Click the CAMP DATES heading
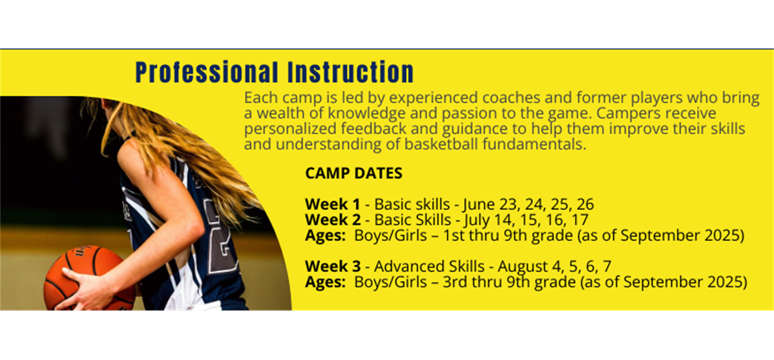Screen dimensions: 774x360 353,174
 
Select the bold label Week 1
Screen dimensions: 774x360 333,204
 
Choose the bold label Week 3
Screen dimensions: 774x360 333,267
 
